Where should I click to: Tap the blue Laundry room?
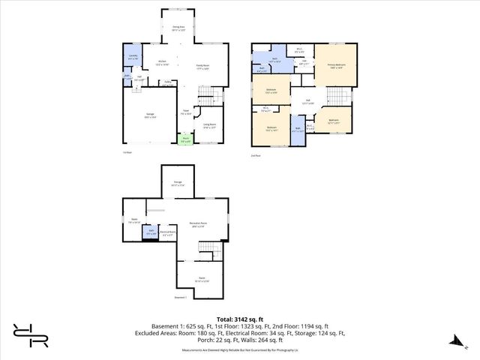(133, 58)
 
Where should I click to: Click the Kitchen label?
(162, 63)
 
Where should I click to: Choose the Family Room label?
(202, 67)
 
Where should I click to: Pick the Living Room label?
(209, 126)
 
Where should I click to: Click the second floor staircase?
(341, 97)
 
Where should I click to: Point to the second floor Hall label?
(307, 102)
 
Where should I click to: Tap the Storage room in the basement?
(177, 182)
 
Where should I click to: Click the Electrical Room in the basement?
(168, 232)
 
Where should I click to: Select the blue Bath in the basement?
(151, 232)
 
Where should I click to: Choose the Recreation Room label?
(199, 225)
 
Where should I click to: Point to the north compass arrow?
(454, 341)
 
